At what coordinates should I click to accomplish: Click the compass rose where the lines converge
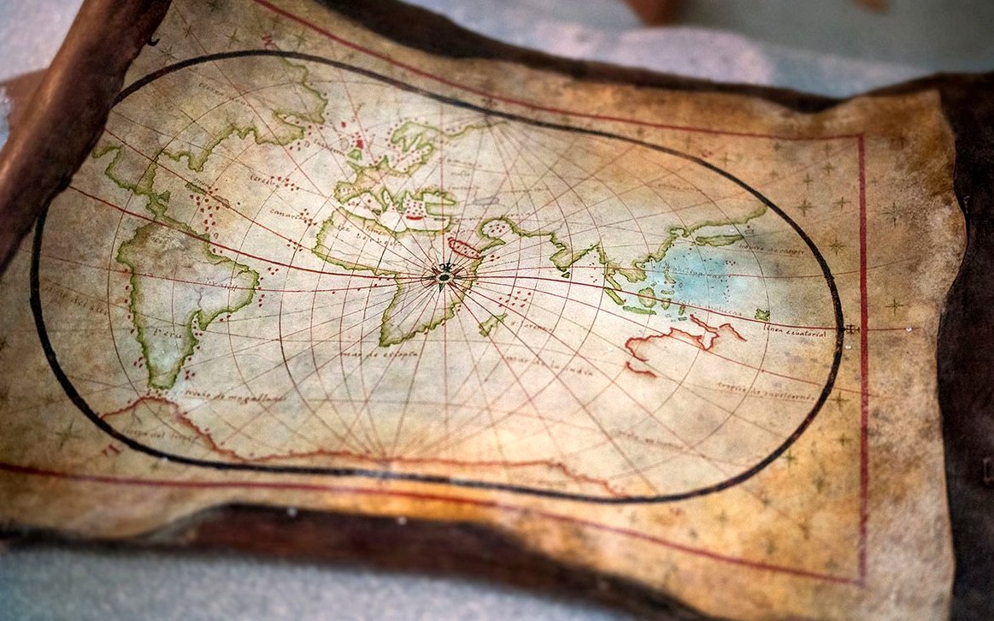[x=444, y=275]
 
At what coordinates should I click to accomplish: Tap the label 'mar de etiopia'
[x=368, y=352]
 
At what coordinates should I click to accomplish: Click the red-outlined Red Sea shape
[x=465, y=248]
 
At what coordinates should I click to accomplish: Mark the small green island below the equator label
[x=762, y=314]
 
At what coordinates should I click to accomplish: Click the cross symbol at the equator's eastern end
[x=850, y=328]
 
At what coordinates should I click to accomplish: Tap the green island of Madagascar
[x=491, y=323]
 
